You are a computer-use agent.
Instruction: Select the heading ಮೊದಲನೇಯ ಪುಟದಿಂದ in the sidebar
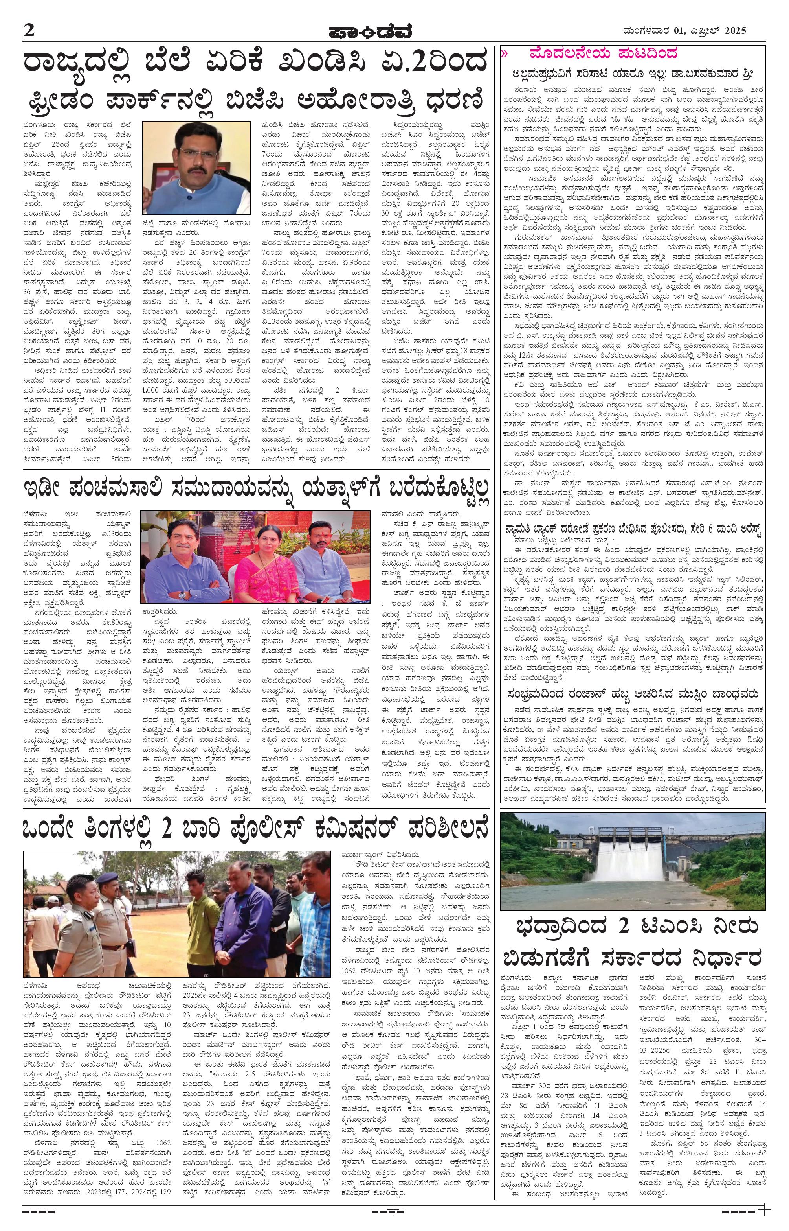pos(605,54)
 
